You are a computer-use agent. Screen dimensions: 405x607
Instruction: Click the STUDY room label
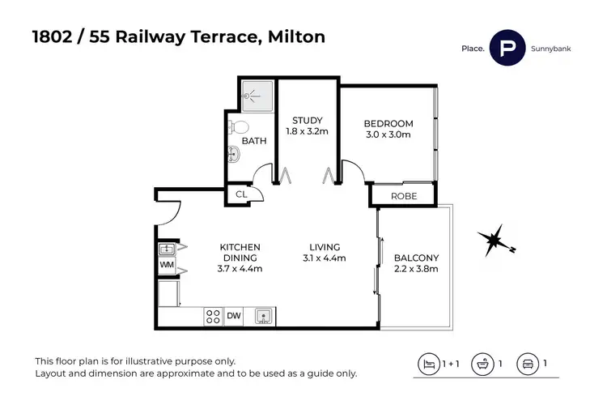point(307,121)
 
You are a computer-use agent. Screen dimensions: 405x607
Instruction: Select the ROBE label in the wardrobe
point(403,196)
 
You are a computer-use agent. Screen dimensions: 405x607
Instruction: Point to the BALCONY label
point(416,258)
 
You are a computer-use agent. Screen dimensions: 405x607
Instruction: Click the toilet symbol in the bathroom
point(238,127)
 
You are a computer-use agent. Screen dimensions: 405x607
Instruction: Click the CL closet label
point(241,195)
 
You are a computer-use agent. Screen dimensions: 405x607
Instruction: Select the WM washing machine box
point(166,265)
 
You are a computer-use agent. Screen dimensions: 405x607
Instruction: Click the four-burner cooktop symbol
point(213,316)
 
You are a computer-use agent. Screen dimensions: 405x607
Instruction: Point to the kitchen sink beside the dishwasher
point(263,316)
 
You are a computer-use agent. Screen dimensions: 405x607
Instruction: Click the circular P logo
point(508,49)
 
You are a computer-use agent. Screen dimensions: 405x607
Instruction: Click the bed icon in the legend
point(427,364)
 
